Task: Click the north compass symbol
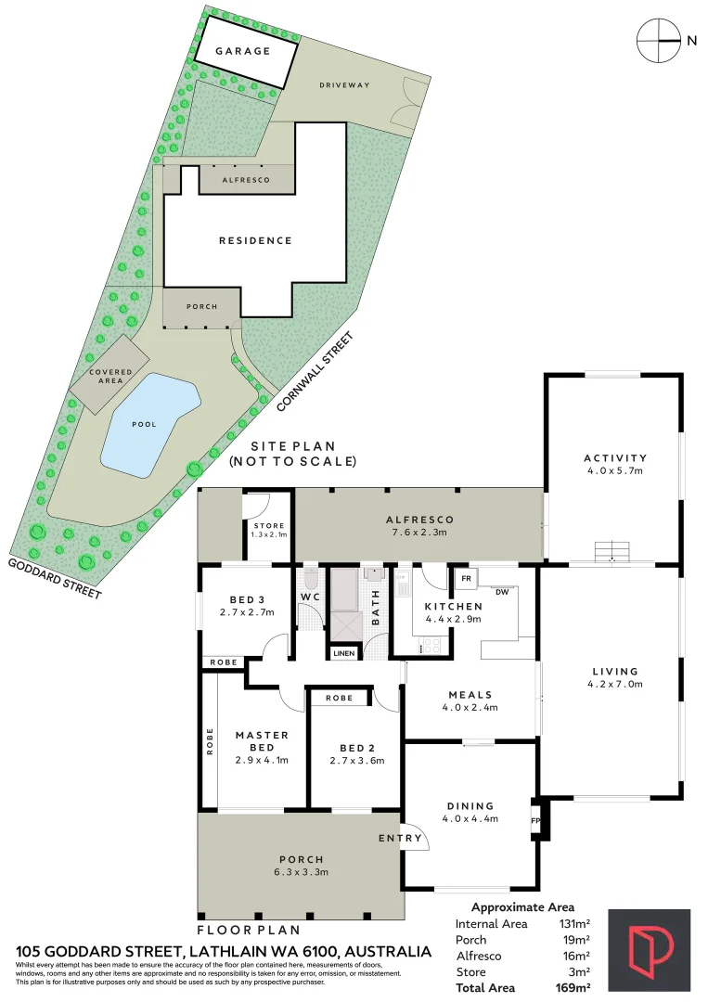(659, 40)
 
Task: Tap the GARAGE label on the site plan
(243, 51)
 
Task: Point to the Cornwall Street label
(315, 372)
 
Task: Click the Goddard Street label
(55, 578)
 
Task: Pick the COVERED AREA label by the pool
(110, 377)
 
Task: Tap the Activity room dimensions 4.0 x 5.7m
(614, 471)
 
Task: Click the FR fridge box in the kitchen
(467, 579)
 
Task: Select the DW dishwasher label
(502, 592)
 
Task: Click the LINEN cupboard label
(343, 653)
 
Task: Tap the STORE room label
(269, 526)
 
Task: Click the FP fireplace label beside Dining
(535, 821)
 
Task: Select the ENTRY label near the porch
(400, 839)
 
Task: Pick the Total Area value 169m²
(573, 988)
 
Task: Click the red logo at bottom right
(649, 950)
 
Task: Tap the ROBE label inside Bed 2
(340, 698)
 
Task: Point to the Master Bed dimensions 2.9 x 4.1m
(262, 761)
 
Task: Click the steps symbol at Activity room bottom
(612, 551)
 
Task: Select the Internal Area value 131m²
(573, 924)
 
